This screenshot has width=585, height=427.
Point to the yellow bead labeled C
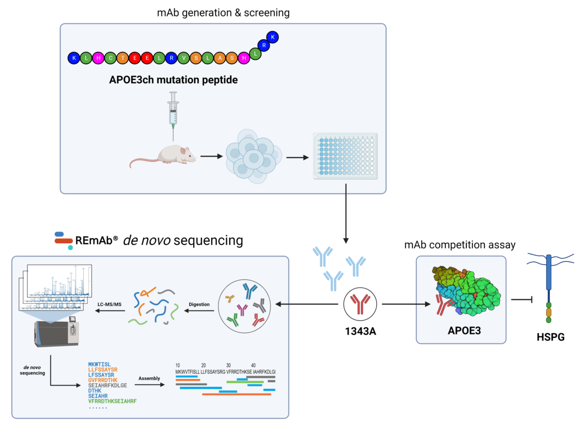110,58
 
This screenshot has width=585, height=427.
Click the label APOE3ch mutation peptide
174,80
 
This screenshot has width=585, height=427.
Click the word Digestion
199,304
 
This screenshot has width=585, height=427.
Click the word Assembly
149,378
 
